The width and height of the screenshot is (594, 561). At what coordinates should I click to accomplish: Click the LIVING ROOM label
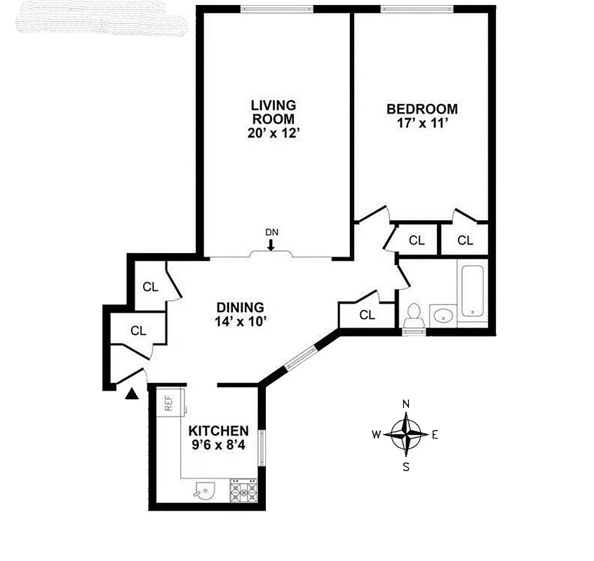(x=274, y=111)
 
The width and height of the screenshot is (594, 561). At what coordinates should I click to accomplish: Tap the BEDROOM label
(x=422, y=109)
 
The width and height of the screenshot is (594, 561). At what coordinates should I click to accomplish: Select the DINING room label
(x=240, y=307)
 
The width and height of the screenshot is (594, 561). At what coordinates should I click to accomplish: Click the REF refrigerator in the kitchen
(x=169, y=403)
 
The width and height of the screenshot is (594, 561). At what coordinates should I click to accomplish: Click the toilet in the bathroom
(x=413, y=315)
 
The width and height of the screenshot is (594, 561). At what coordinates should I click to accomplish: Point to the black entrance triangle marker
(x=131, y=395)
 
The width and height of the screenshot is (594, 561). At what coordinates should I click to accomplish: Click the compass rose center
(x=406, y=433)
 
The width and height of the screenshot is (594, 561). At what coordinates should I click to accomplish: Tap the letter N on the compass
(x=406, y=404)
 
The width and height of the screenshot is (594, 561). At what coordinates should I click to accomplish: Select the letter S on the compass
(x=406, y=466)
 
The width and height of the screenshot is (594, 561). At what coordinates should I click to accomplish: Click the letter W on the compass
(x=376, y=434)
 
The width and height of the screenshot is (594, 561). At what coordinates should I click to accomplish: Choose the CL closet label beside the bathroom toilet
(x=367, y=315)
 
